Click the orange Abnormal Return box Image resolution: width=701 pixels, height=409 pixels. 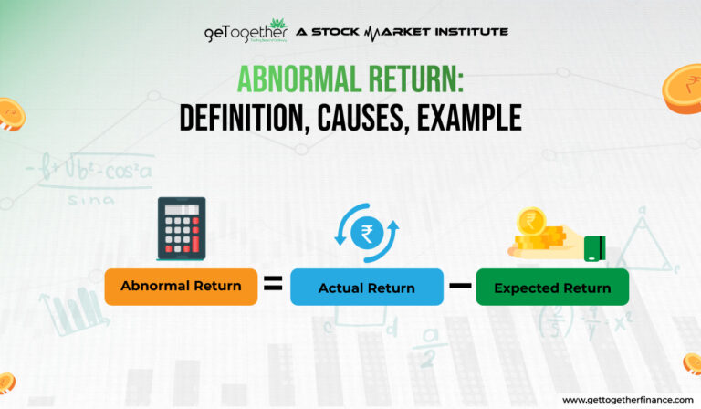tap(181, 287)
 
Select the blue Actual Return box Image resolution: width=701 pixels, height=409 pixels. tap(366, 288)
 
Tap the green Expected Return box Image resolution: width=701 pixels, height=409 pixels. tap(552, 288)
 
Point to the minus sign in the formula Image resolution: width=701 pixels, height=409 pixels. tap(459, 285)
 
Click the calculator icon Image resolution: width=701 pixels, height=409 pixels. tap(181, 227)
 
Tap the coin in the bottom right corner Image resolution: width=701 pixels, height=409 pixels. tap(692, 363)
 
